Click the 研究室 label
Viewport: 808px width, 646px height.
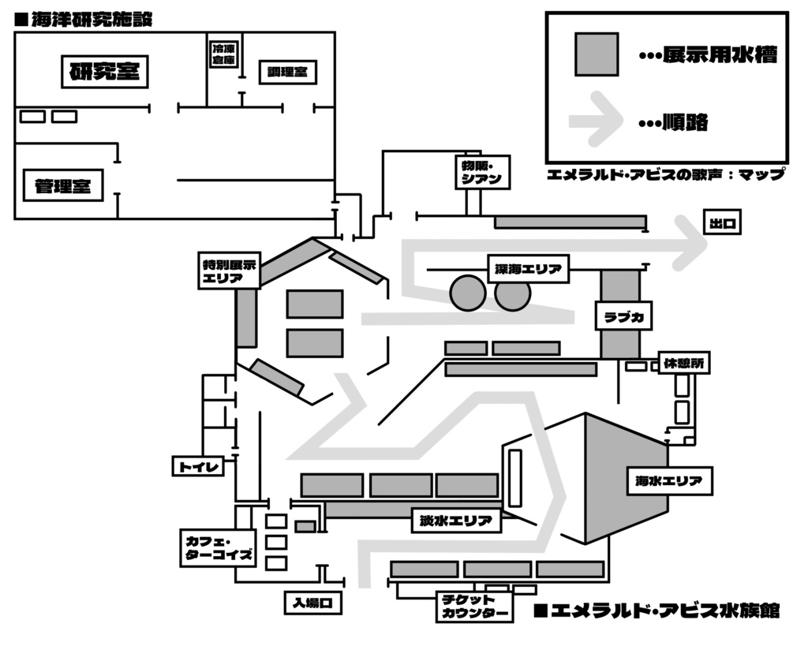tap(105, 73)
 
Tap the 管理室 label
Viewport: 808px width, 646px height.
tap(63, 186)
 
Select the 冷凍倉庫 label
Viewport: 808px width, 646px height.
tap(223, 54)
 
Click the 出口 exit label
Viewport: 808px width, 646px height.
tap(722, 223)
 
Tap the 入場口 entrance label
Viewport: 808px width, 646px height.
tap(314, 603)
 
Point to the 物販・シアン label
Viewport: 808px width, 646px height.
tap(479, 172)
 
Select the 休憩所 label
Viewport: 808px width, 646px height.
tap(683, 364)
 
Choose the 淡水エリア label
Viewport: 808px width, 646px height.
tap(456, 521)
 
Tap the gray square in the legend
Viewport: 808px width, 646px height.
tap(597, 54)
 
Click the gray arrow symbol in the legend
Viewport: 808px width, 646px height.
tap(596, 120)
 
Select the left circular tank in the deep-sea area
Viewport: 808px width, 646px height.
tap(468, 293)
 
